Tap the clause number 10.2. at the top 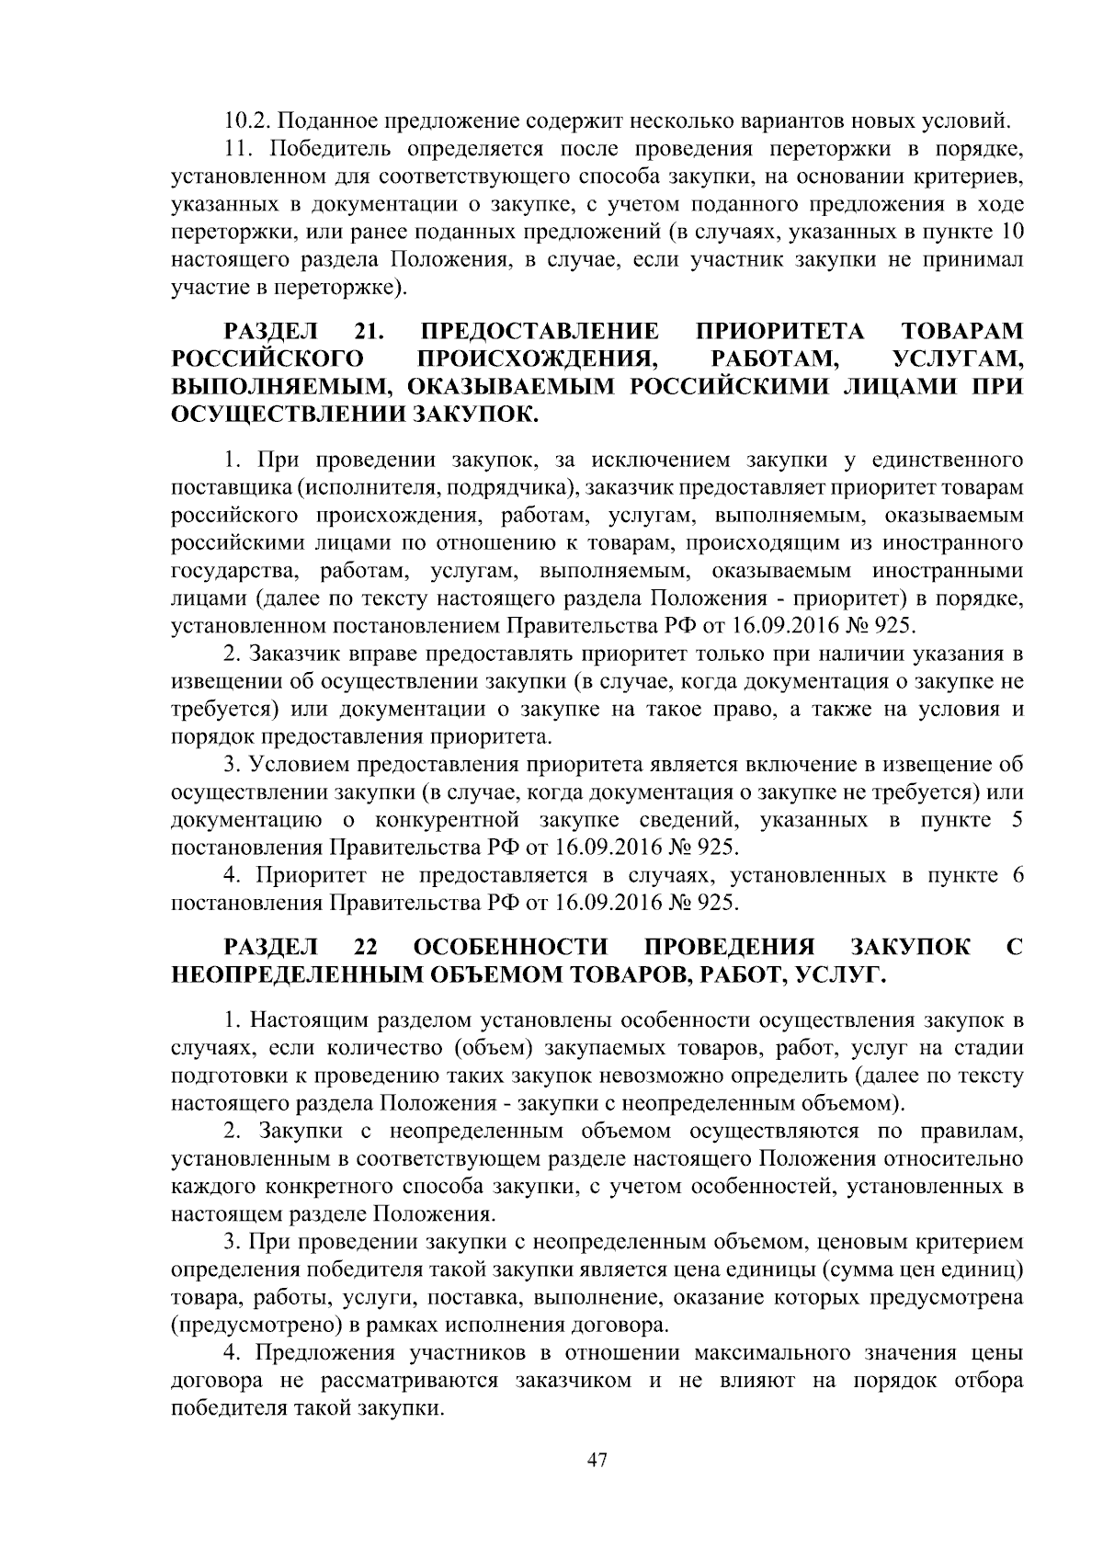point(248,120)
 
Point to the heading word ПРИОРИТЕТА point(781,330)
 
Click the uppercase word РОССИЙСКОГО point(266,357)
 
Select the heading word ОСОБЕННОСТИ point(512,946)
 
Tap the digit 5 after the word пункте point(1017,819)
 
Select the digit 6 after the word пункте point(1017,874)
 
